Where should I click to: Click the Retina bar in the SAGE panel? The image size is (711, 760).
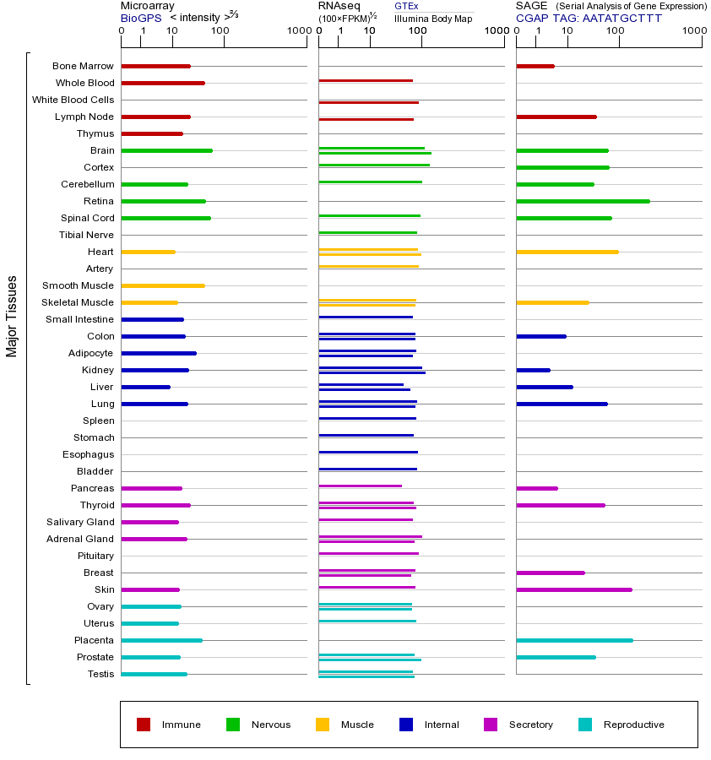(583, 201)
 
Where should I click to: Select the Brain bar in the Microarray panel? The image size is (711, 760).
(166, 150)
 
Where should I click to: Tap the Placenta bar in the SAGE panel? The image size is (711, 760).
(574, 640)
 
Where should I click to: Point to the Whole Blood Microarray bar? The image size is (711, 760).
(163, 83)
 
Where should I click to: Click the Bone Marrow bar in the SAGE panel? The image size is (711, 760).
(535, 66)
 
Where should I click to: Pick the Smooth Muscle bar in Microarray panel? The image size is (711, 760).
(163, 285)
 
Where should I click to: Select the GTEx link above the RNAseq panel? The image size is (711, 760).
(406, 6)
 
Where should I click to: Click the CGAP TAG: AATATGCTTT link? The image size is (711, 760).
(589, 18)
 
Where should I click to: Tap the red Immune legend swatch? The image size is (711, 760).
(144, 725)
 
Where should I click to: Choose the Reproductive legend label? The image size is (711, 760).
(633, 725)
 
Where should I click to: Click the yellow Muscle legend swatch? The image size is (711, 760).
(323, 725)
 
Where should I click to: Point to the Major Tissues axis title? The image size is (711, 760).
(12, 316)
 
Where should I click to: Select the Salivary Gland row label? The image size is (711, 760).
(80, 522)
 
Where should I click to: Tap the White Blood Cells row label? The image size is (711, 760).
(73, 100)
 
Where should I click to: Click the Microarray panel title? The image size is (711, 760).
(148, 6)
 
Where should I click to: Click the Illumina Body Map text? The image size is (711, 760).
(432, 18)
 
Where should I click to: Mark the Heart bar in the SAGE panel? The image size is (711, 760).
(567, 252)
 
